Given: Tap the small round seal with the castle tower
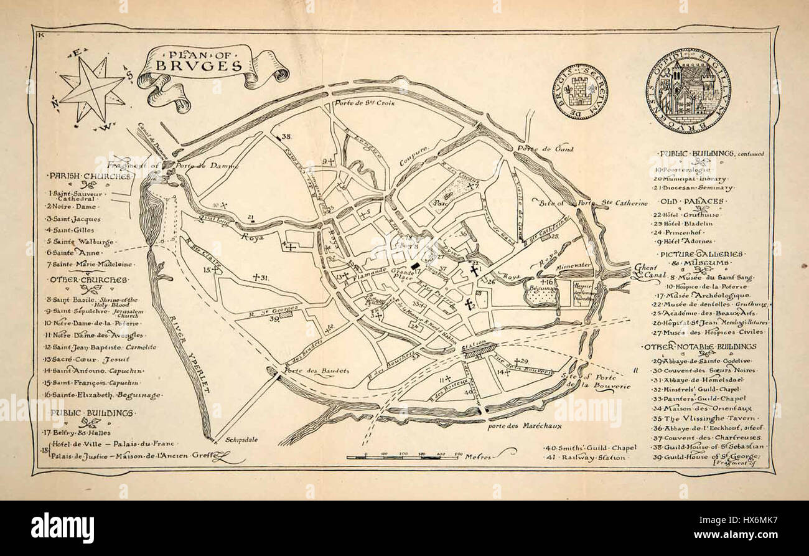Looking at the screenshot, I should click(x=579, y=92).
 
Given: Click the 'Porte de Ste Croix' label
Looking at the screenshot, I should click(x=363, y=103).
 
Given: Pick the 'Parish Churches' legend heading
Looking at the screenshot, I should click(x=90, y=176).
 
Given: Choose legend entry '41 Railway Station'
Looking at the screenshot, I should click(x=586, y=457).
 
